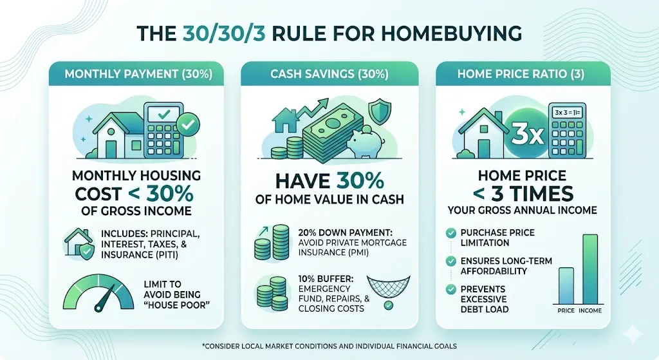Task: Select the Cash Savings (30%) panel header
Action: [329, 74]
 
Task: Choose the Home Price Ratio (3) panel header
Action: [521, 74]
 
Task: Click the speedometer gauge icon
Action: [97, 292]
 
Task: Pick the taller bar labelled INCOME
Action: [590, 269]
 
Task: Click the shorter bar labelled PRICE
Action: [566, 285]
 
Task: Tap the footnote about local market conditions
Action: [329, 346]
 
